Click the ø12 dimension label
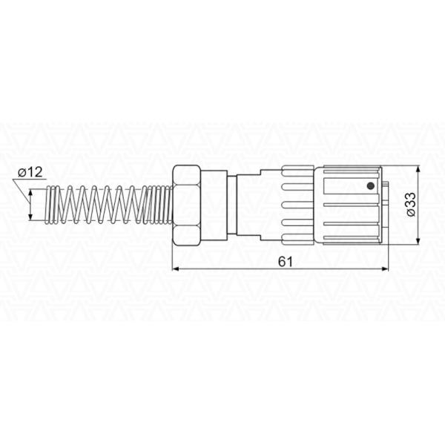click(x=30, y=172)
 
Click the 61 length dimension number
click(x=285, y=262)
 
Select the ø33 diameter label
click(x=411, y=205)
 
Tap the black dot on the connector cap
click(x=370, y=186)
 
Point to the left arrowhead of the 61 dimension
click(x=176, y=268)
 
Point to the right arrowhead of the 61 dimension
click(x=385, y=268)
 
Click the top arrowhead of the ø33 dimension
click(x=418, y=170)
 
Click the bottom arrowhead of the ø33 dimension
click(x=418, y=241)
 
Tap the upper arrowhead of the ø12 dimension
click(x=30, y=193)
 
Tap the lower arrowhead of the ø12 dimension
click(x=30, y=217)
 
